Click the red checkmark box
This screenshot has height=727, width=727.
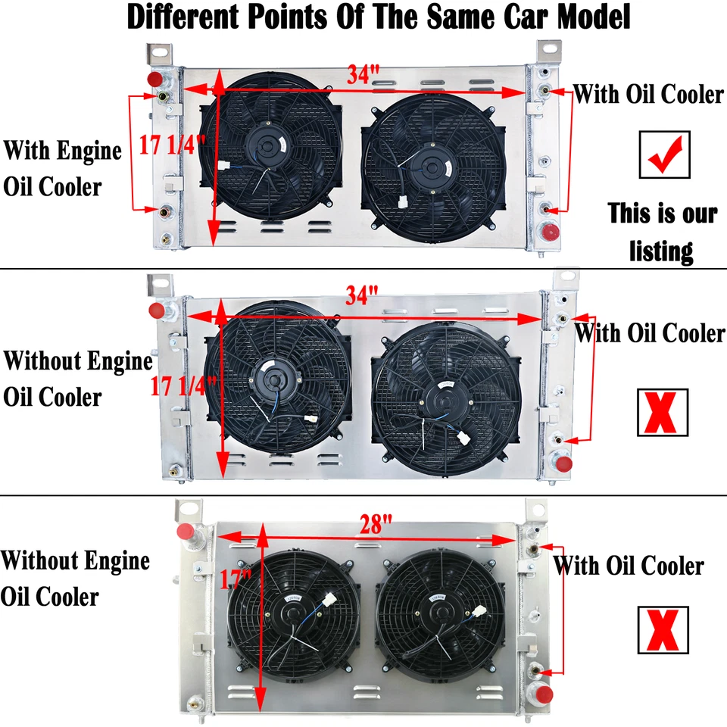[x=664, y=154]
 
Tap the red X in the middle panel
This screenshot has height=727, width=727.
[x=663, y=413]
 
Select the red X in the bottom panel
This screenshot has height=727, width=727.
[x=663, y=630]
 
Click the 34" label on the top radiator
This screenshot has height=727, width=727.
[x=363, y=75]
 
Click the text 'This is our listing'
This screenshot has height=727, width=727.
[x=662, y=231]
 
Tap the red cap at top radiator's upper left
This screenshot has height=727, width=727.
[x=155, y=79]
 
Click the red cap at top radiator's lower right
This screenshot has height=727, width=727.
[x=551, y=231]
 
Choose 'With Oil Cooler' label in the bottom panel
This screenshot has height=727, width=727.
[x=629, y=566]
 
